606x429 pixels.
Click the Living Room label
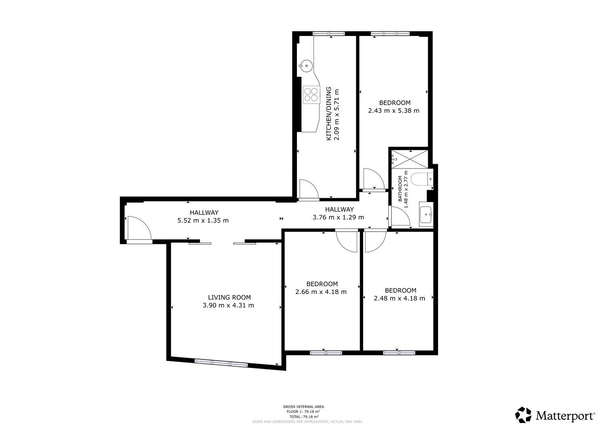(229, 297)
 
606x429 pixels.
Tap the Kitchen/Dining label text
(329, 114)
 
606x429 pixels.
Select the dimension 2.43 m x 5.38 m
(393, 110)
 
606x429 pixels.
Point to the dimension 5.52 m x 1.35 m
(203, 220)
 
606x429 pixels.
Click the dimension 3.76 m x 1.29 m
(338, 217)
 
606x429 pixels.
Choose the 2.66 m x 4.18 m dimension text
(321, 292)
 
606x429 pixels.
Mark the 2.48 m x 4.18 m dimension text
(399, 298)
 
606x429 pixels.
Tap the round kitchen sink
(306, 65)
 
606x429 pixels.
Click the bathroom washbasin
(426, 214)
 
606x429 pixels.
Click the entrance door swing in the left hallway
(139, 228)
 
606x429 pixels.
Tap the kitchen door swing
(309, 189)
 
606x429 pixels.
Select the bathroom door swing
(401, 216)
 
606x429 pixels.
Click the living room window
(221, 363)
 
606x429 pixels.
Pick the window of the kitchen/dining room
(329, 34)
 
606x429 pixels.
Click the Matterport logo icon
(523, 414)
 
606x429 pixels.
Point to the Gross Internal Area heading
(303, 406)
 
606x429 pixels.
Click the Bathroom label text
(400, 189)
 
